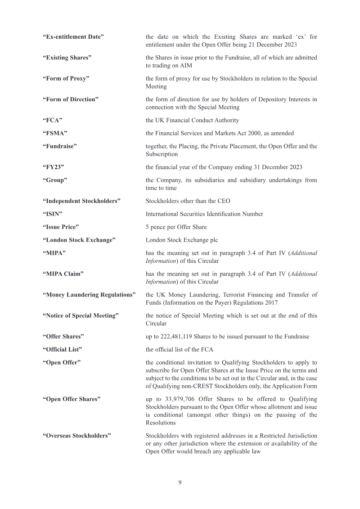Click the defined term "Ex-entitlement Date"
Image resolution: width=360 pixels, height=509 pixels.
pyautogui.click(x=73, y=36)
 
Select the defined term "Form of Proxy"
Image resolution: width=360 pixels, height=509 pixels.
pyautogui.click(x=66, y=78)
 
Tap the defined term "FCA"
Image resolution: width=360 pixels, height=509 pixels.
pyautogui.click(x=52, y=120)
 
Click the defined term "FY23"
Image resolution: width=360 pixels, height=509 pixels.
pyautogui.click(x=53, y=167)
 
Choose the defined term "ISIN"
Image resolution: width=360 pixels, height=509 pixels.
pyautogui.click(x=52, y=214)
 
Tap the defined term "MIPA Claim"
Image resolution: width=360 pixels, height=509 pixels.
pyautogui.click(x=63, y=274)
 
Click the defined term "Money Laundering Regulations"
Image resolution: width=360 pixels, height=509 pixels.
pyautogui.click(x=89, y=295)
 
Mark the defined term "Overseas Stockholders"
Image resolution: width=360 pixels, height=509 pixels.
pyautogui.click(x=77, y=436)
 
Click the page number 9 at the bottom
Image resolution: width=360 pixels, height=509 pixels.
pyautogui.click(x=180, y=482)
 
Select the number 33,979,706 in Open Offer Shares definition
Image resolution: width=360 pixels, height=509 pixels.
pyautogui.click(x=173, y=399)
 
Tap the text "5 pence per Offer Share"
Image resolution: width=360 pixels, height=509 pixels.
pyautogui.click(x=176, y=227)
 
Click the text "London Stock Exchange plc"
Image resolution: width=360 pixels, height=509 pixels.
pyautogui.click(x=182, y=240)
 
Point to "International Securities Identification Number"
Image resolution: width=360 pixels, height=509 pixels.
pyautogui.click(x=204, y=214)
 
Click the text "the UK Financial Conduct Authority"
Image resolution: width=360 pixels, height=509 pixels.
pyautogui.click(x=192, y=120)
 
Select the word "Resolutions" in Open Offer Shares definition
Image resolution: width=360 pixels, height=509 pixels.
pyautogui.click(x=161, y=423)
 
